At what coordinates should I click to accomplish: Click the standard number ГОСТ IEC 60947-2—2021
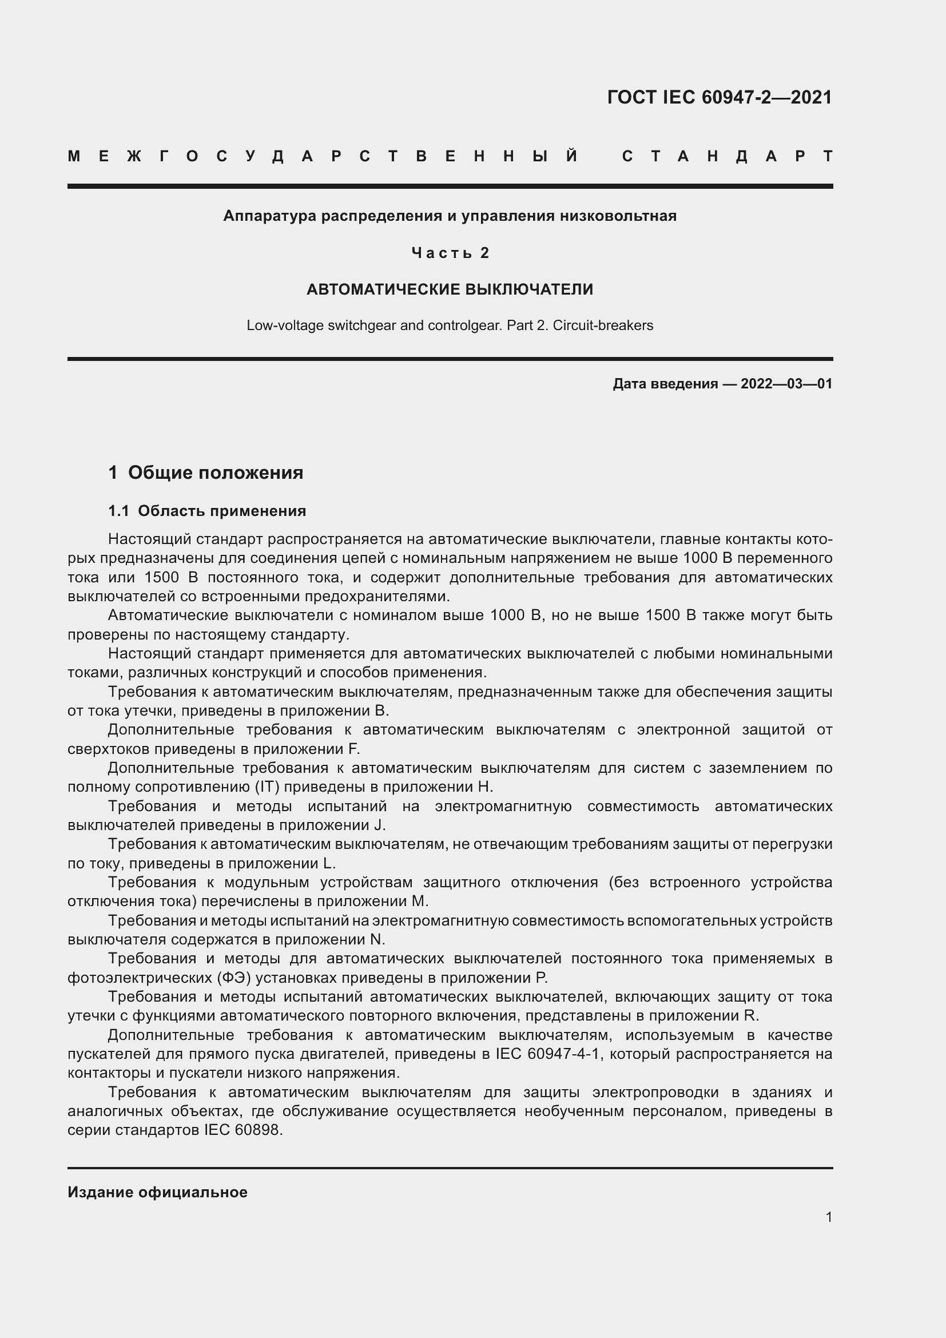coord(720,97)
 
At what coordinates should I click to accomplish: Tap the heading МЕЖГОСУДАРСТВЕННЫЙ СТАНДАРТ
coord(450,156)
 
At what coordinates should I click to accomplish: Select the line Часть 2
coord(450,252)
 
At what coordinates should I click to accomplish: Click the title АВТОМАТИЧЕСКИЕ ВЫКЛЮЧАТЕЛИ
coord(450,289)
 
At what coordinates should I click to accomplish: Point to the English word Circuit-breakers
coord(603,325)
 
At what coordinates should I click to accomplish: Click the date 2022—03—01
coord(786,383)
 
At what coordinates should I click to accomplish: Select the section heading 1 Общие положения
coord(206,472)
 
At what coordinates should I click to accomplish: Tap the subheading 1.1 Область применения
coord(207,510)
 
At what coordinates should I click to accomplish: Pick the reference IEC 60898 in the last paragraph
coord(243,1130)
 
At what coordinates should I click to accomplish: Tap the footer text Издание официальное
coord(157,1192)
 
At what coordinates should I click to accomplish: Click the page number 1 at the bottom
coord(828,1217)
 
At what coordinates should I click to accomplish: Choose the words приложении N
coord(329,939)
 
